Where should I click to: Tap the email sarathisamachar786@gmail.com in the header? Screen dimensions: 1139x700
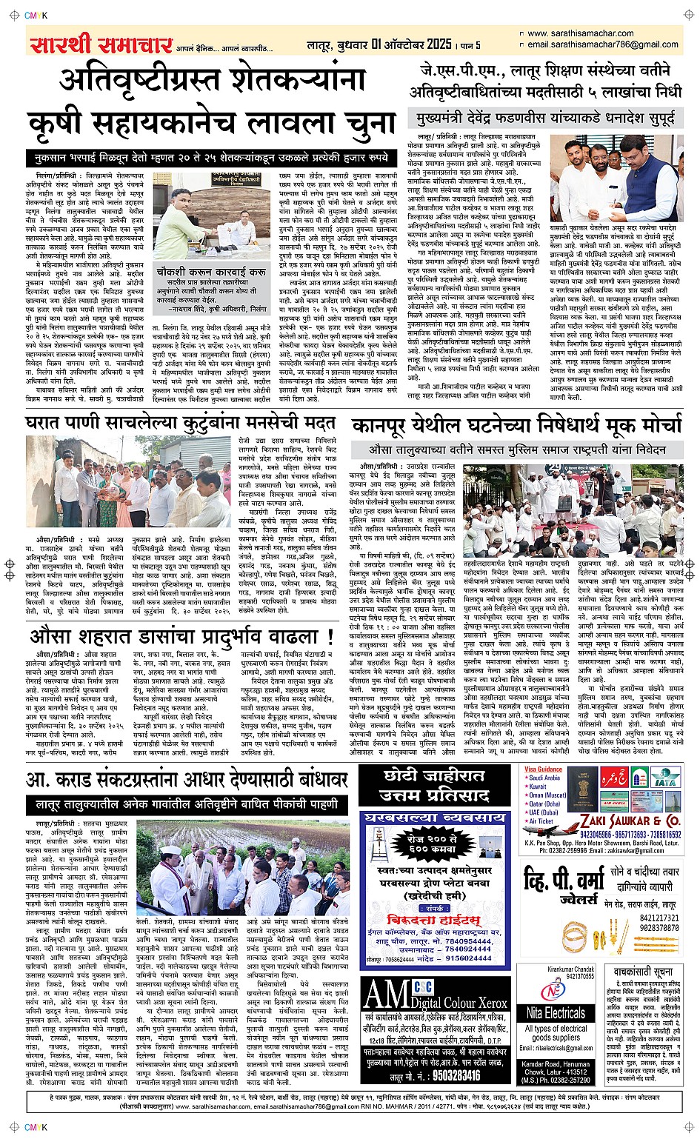[x=604, y=44]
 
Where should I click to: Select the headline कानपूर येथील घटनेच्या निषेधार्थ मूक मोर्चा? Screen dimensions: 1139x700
[x=516, y=427]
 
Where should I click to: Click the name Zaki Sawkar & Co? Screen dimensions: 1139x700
[x=630, y=821]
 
